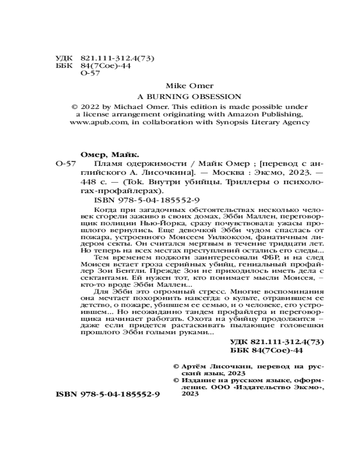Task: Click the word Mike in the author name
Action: [173, 85]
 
